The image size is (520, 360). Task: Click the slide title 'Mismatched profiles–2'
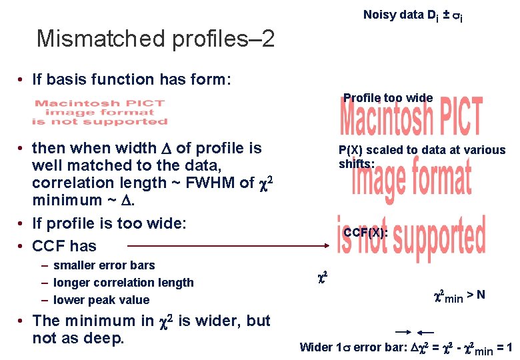155,39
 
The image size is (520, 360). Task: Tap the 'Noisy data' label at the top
393,15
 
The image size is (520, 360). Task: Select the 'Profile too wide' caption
388,98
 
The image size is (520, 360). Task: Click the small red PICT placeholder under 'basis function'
100,112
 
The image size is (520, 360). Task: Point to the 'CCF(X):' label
365,233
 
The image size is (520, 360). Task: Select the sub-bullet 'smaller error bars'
104,265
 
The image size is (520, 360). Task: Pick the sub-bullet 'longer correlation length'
123,283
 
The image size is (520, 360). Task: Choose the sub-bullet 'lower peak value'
101,300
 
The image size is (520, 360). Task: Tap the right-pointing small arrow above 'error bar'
403,331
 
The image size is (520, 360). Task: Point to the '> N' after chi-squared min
476,293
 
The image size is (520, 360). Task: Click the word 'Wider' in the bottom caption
316,347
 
